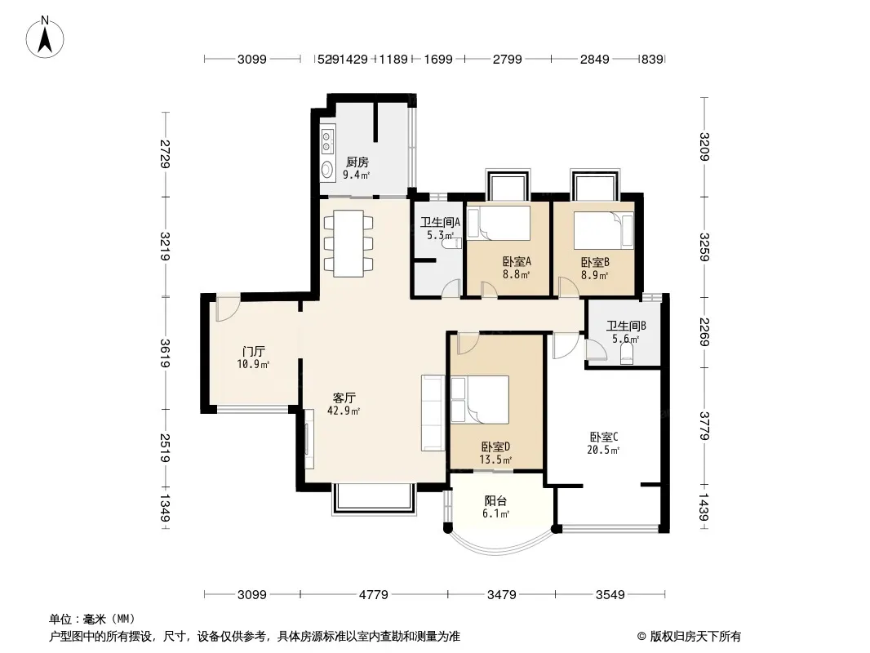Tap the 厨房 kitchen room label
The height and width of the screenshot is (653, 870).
357,162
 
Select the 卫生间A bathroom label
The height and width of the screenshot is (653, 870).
441,223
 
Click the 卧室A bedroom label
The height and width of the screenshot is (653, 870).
517,261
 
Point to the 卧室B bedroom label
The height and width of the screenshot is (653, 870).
595,262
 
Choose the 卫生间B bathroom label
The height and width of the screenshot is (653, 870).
626,326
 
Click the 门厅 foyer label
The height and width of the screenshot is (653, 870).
254,352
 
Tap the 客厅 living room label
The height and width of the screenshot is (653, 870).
344,398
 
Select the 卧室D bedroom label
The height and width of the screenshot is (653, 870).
495,446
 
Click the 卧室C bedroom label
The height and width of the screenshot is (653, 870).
604,438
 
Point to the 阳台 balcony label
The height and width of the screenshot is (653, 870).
495,501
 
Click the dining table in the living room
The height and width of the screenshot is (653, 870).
348,243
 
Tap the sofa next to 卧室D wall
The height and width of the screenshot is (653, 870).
433,413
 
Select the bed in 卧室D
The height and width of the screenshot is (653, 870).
480,399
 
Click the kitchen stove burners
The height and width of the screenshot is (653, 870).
327,140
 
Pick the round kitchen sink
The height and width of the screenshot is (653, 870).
327,169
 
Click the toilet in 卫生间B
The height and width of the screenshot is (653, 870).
627,354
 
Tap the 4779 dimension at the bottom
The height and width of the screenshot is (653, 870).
374,595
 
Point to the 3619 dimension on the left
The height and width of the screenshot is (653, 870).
165,353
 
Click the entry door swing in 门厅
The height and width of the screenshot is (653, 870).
228,309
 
